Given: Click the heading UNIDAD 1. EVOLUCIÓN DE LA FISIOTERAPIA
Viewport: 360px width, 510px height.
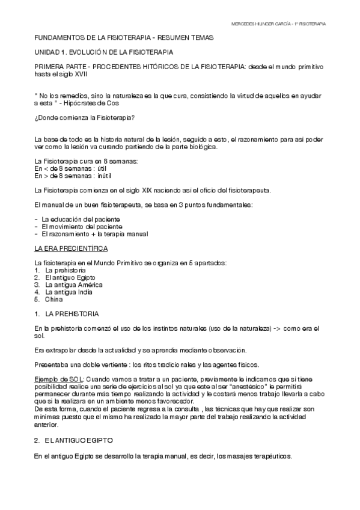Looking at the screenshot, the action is click(x=104, y=52).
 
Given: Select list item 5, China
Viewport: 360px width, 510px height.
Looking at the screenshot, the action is click(x=53, y=299).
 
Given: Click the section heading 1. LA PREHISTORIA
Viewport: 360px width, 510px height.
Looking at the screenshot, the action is click(x=67, y=314).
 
